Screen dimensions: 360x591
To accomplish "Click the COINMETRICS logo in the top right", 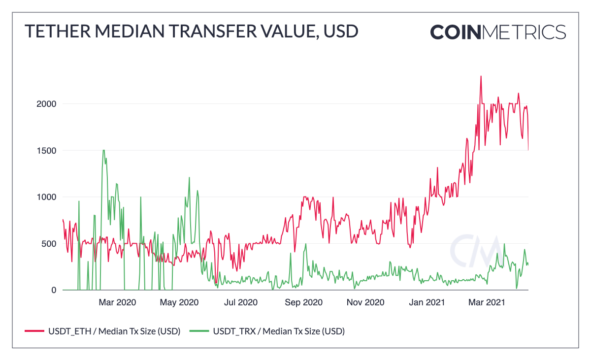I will click(x=498, y=32).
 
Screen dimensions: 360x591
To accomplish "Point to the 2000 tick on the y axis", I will click(x=46, y=104).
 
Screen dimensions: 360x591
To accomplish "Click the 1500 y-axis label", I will click(x=46, y=151).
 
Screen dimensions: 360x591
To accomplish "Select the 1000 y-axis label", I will click(x=46, y=197).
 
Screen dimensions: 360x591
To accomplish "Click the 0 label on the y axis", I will click(x=53, y=290).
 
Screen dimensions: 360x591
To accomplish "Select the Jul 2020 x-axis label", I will click(x=240, y=302).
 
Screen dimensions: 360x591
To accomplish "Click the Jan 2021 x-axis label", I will click(x=427, y=302).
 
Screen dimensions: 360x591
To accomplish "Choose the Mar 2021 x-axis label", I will click(x=487, y=302).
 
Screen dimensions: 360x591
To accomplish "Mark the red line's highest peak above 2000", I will click(x=481, y=76).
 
